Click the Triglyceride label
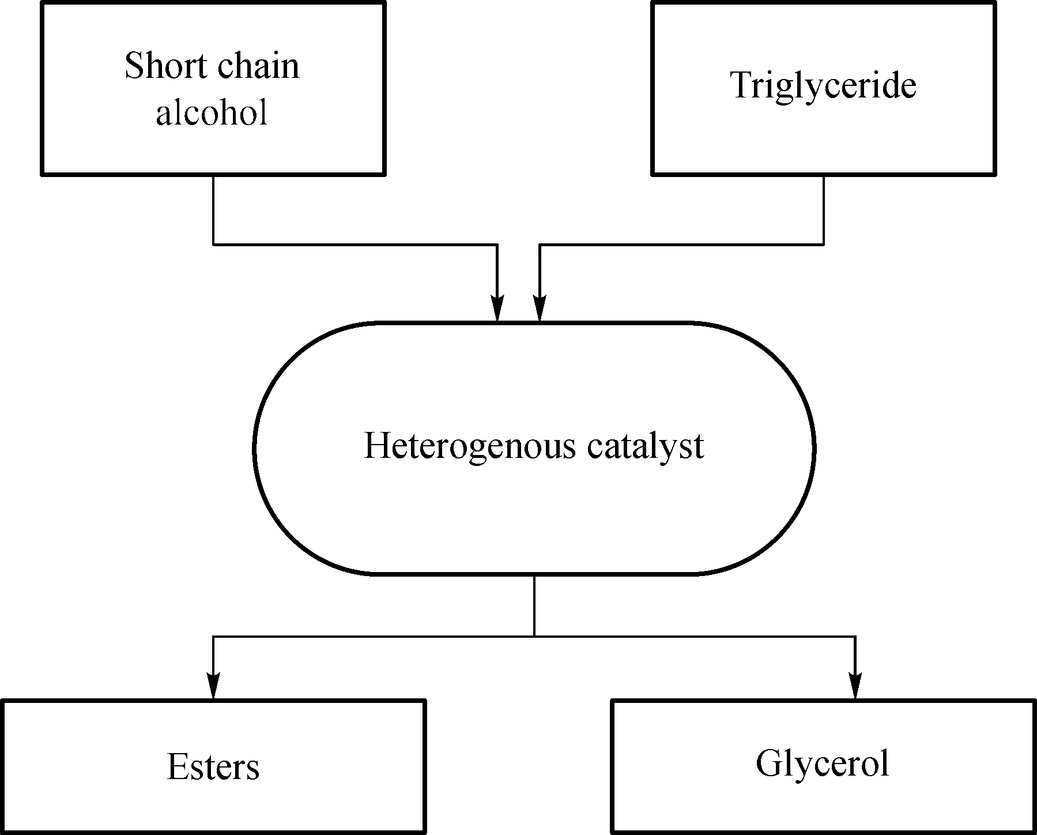coord(824,85)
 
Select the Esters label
coord(213,767)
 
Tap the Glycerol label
coord(822,763)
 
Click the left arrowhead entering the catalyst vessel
coord(497,309)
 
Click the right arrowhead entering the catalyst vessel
coord(539,309)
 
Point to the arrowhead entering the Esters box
coord(213,686)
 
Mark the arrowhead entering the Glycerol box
coord(855,686)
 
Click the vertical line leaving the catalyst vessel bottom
coord(534,605)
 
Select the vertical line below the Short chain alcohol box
coord(213,210)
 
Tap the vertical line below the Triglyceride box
coord(823,210)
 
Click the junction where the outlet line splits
coord(534,637)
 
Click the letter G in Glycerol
coord(767,763)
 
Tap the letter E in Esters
coord(176,767)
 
